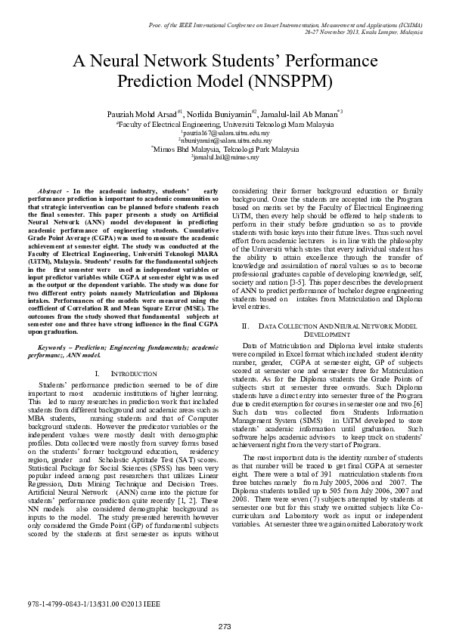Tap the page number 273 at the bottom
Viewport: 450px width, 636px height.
coord(225,627)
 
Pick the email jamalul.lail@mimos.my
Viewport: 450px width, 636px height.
coord(225,158)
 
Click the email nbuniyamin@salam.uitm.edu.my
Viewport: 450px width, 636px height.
coord(225,140)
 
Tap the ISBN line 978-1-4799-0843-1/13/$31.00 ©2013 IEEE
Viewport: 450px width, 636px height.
coord(94,604)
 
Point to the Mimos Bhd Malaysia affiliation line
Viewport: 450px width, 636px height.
coord(225,150)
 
